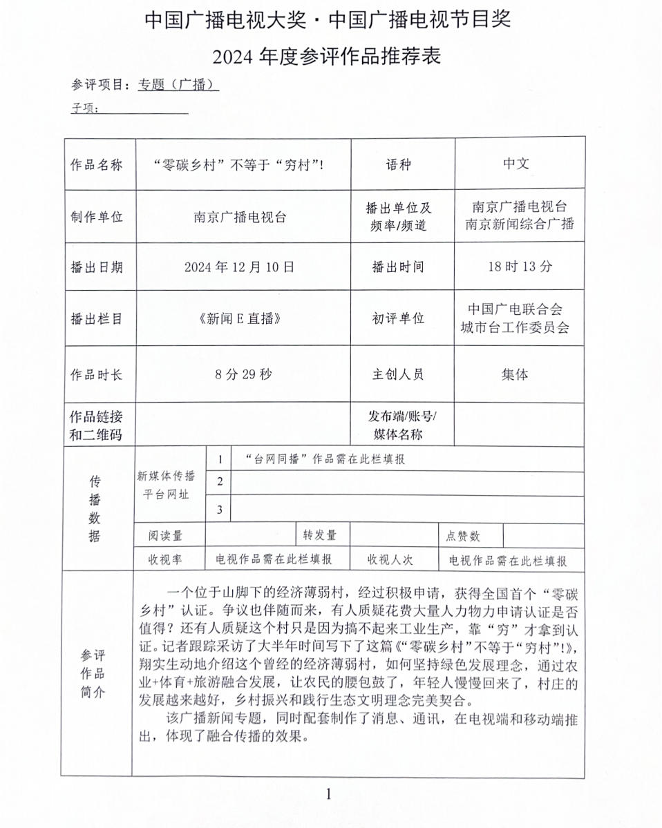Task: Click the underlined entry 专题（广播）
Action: pos(178,84)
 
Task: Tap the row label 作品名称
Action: pos(97,164)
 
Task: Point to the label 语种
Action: pos(398,164)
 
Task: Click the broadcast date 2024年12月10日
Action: pos(239,267)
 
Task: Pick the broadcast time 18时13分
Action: pos(520,266)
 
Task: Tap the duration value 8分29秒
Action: pos(243,374)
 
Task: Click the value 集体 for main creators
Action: pos(515,374)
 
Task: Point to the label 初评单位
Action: pos(398,318)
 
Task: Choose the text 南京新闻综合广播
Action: pos(520,224)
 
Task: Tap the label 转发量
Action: pos(320,535)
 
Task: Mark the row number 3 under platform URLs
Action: pos(220,510)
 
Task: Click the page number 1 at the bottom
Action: pos(329,793)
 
